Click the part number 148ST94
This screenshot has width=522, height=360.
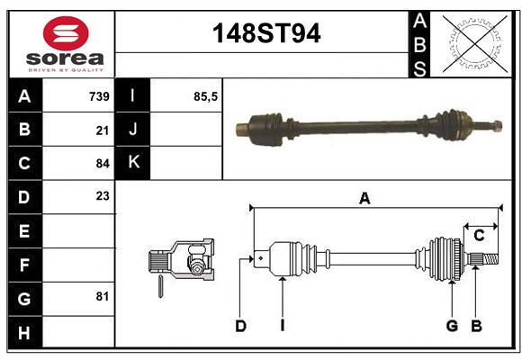point(265,33)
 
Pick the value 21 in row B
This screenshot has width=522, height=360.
point(103,130)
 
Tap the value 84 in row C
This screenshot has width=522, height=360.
point(103,164)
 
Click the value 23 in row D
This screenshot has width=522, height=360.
point(103,196)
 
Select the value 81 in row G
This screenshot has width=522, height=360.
point(103,296)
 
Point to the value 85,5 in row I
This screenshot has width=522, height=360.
point(206,95)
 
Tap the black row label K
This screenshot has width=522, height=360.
point(134,163)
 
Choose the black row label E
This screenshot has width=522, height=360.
point(24,231)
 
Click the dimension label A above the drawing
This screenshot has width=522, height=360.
point(364,199)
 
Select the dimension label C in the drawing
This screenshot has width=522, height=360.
point(479,236)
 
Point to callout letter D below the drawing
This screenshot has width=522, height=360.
point(240,326)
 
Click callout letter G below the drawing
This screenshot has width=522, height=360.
point(452,326)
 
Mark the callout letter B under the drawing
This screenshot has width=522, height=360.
point(477,326)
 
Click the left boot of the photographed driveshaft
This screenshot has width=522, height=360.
point(267,128)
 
